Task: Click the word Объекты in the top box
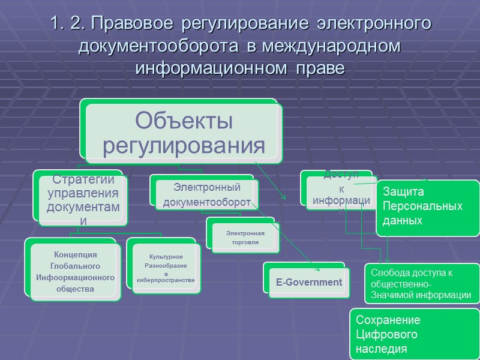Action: tap(184, 121)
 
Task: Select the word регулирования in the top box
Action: tap(184, 145)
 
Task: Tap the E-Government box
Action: tap(308, 282)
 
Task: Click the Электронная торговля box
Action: tap(242, 237)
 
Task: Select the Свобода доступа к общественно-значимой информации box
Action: tap(421, 284)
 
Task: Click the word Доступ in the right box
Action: tap(340, 174)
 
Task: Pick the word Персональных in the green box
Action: tap(422, 206)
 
